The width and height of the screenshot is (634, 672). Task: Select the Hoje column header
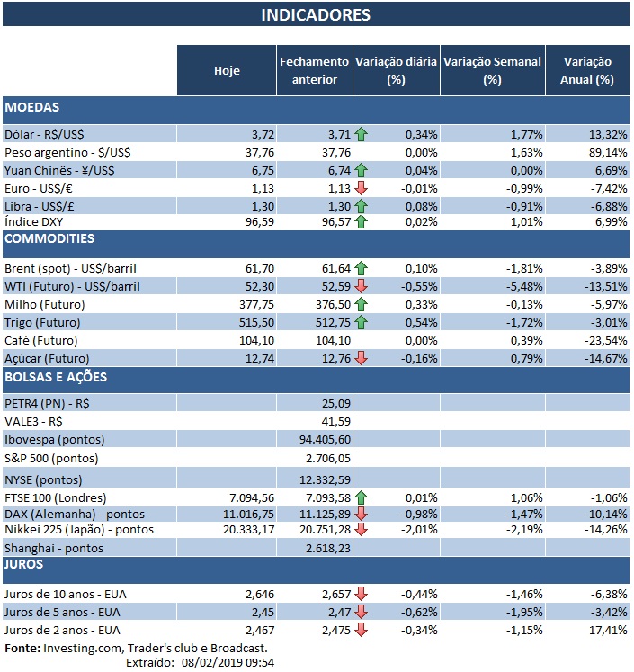point(227,71)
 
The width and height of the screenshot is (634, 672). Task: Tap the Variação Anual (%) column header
point(586,71)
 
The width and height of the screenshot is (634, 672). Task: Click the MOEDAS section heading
point(32,108)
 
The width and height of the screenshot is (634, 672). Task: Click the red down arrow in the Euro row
point(362,187)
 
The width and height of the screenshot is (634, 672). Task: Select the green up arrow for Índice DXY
point(362,222)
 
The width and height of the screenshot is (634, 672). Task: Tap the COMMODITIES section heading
point(49,239)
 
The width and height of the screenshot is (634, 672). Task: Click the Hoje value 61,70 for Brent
point(246,268)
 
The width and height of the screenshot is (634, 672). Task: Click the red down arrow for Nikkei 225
point(362,530)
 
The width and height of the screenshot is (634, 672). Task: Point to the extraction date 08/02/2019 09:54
point(223,662)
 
